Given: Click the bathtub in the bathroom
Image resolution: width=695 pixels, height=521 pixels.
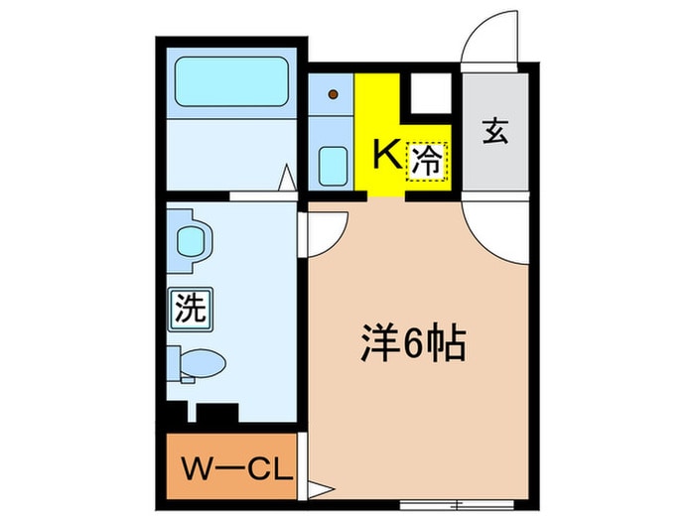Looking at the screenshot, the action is [231, 81].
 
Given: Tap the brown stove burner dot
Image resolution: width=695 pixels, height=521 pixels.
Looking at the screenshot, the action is [334, 94].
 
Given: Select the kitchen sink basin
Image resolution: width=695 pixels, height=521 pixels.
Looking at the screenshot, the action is [333, 166].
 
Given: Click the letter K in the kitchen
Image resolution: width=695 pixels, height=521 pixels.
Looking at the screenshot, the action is [387, 154].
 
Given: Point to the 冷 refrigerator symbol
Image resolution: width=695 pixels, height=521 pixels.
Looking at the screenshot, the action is [427, 162].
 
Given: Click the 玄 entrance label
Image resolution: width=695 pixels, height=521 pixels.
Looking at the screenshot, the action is [495, 131].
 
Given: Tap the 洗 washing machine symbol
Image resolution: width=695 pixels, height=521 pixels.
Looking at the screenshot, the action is [191, 309].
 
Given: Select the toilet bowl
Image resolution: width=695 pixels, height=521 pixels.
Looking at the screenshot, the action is [204, 363].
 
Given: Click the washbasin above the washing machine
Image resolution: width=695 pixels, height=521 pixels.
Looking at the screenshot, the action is [191, 241].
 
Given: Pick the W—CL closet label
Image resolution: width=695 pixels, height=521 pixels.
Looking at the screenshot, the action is [237, 469].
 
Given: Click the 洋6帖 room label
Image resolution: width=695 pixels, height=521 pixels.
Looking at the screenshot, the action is [413, 344].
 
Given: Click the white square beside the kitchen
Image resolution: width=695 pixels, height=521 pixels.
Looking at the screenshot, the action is [431, 93].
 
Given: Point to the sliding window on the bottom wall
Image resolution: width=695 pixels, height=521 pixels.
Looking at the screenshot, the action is [457, 504].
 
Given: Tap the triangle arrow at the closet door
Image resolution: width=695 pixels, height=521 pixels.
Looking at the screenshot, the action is [320, 490].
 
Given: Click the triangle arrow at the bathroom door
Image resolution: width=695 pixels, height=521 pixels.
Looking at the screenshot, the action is [287, 178].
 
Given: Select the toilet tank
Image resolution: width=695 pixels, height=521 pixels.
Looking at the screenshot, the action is [174, 363].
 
